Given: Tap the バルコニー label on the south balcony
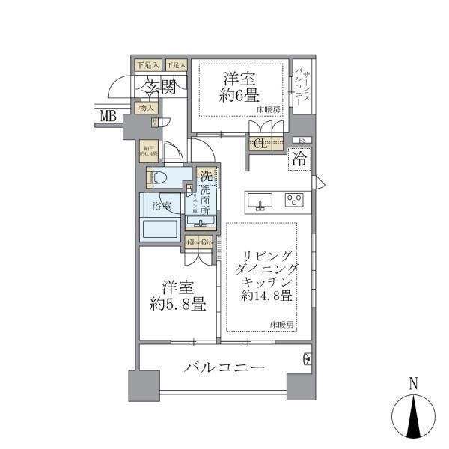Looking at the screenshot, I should tap(224, 368).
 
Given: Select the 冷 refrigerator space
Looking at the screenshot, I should tap(299, 159).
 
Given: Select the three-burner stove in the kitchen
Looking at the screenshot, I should tap(294, 200).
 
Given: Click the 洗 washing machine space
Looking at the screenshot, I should tap(206, 179).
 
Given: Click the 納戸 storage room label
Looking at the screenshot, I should tap(149, 150).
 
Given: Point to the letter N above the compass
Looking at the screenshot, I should tap(412, 385).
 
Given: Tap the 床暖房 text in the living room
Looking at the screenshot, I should tap(282, 324).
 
